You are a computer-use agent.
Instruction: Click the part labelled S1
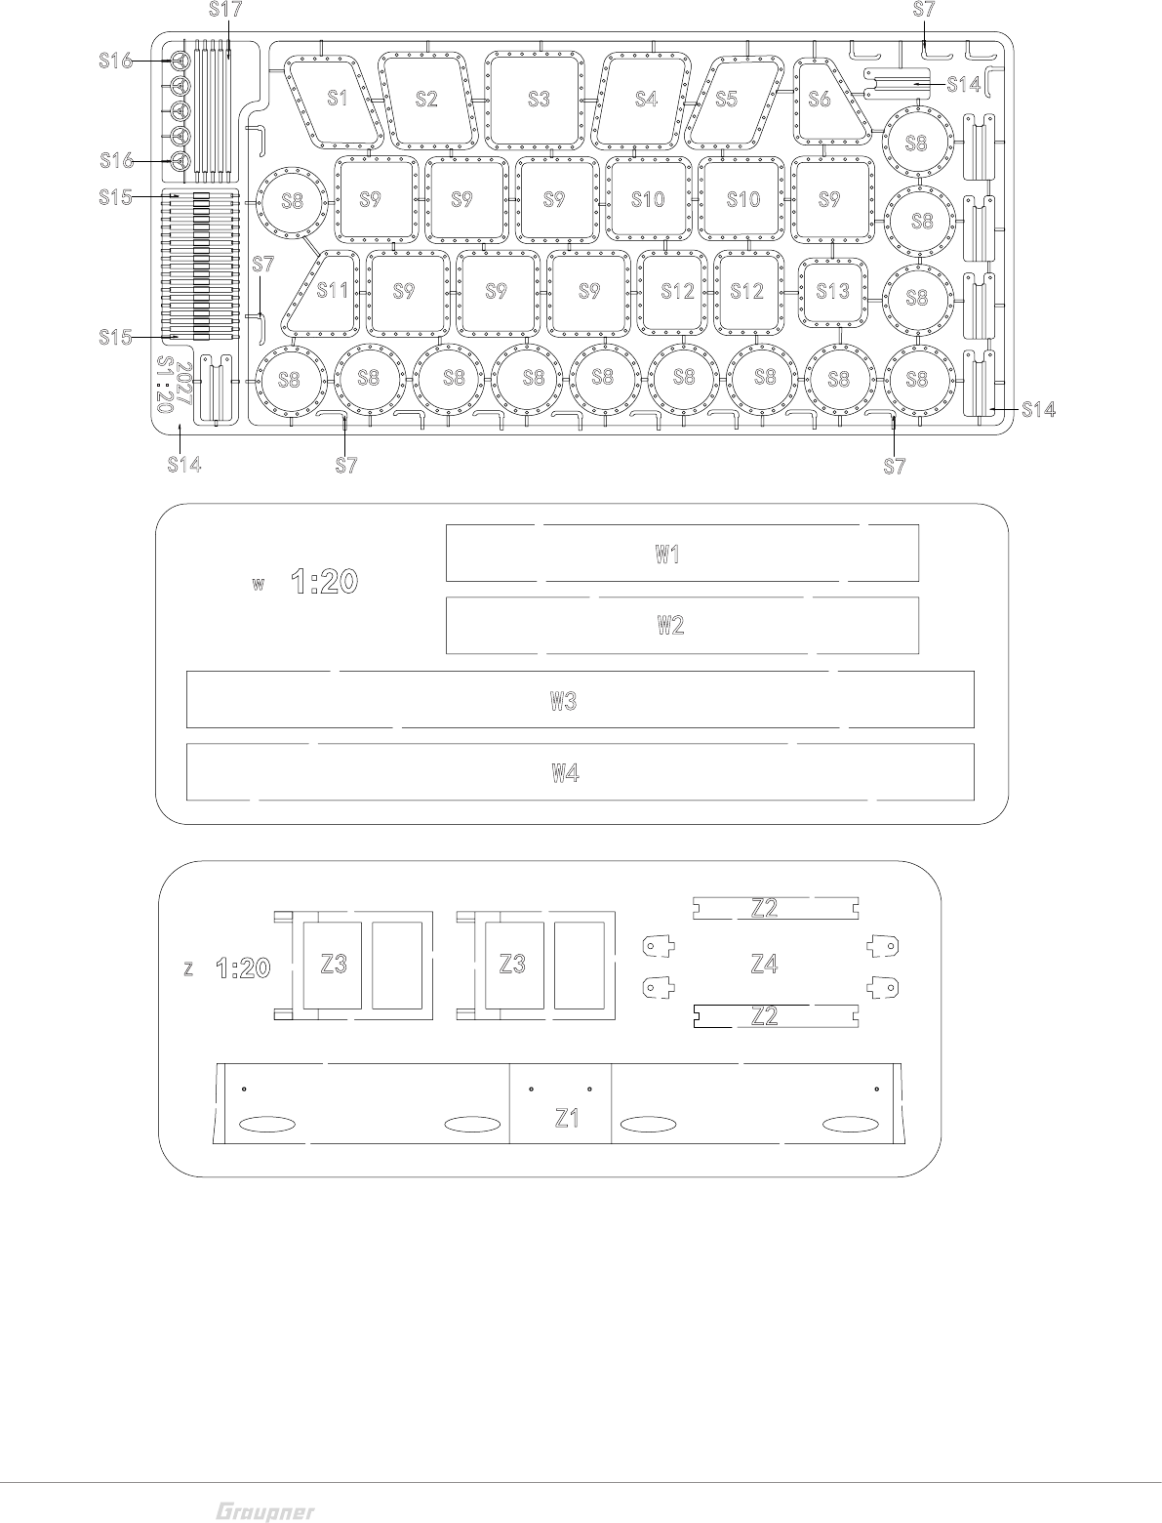(x=337, y=98)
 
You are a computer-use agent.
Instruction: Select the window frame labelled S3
(x=538, y=98)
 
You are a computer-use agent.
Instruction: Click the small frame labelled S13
(x=833, y=291)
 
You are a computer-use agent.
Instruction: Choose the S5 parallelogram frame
(x=726, y=99)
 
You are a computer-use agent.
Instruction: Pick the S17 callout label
(x=226, y=11)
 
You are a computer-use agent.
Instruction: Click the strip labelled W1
(x=667, y=555)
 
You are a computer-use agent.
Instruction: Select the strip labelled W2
(x=669, y=626)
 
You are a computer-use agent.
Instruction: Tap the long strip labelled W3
(x=564, y=700)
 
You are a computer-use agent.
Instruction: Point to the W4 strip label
(x=566, y=773)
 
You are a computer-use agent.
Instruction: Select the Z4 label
(x=764, y=965)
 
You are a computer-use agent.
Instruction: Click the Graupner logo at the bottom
(x=264, y=1510)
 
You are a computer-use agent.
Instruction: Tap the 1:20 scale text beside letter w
(x=325, y=583)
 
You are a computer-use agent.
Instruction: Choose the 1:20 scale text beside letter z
(x=243, y=967)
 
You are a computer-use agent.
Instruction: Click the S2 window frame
(x=426, y=98)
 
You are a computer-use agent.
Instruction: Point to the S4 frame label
(x=646, y=99)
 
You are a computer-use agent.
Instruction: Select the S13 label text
(x=833, y=291)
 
